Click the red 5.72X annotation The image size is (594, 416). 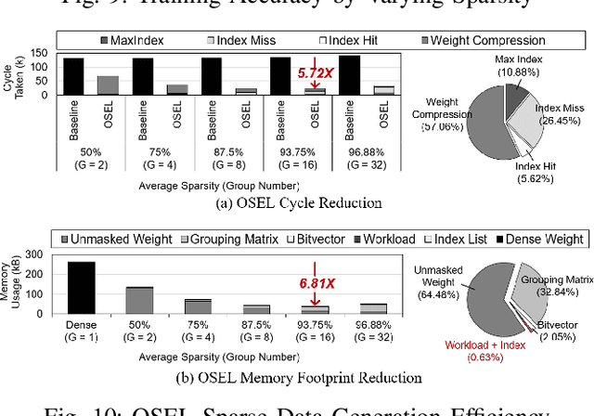point(316,71)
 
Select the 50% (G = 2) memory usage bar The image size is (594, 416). point(139,302)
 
